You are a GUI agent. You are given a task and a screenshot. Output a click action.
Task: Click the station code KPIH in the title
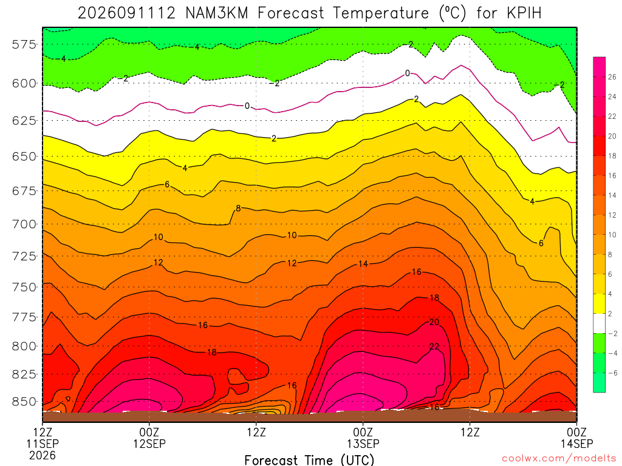(524, 13)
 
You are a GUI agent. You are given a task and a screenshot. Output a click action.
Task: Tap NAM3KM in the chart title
(217, 13)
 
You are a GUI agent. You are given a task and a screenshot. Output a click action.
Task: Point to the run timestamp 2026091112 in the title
(126, 13)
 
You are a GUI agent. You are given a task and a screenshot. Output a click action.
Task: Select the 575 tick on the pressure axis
(24, 44)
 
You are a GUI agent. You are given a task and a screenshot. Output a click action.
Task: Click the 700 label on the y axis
(24, 225)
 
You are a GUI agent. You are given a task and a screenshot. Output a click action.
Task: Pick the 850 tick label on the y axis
(24, 402)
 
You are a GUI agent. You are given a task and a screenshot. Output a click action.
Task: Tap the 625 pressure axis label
(24, 121)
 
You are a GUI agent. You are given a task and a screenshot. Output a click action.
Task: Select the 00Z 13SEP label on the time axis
(363, 437)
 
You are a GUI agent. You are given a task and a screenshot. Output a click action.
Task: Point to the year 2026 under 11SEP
(43, 455)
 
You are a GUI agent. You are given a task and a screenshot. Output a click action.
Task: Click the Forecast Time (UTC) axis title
(309, 460)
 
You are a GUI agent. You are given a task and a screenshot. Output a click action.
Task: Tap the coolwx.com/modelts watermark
(559, 458)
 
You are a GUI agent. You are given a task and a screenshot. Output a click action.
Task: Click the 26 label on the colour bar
(612, 77)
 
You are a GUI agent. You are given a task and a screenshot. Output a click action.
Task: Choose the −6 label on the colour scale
(612, 373)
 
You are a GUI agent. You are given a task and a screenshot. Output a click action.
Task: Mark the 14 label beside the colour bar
(612, 195)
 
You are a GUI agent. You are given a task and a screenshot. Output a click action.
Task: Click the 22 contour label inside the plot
(434, 346)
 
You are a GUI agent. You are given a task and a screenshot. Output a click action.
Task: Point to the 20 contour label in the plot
(434, 322)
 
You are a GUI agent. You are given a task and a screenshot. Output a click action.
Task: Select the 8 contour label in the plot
(238, 208)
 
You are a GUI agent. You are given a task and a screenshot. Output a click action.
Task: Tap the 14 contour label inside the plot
(363, 264)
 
